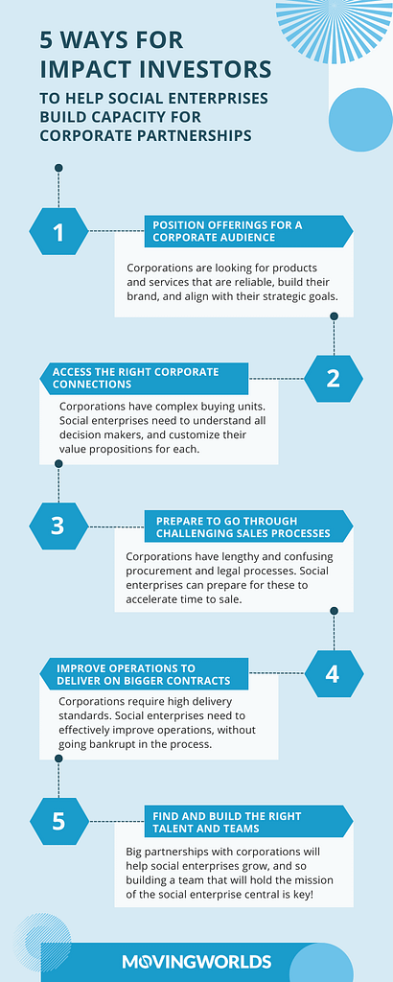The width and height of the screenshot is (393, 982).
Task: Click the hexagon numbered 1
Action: tap(58, 231)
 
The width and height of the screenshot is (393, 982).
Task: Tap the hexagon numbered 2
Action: tap(334, 378)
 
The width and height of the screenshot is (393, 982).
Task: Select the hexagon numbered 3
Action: tap(58, 526)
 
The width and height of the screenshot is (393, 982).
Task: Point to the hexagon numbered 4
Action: tap(334, 673)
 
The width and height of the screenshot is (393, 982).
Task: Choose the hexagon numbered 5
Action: tap(58, 821)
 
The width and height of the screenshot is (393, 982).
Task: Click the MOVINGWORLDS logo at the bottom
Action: tap(196, 961)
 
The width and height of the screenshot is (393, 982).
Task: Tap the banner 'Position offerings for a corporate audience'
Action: tap(248, 231)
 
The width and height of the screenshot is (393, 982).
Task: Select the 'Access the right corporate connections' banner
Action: tap(144, 378)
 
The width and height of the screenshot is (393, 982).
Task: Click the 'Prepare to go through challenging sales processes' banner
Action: tap(248, 526)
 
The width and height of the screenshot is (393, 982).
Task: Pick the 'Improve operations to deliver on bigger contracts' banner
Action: tap(144, 673)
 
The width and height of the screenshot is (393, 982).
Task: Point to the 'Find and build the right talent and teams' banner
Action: tap(248, 821)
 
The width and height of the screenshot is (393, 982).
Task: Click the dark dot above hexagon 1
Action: tap(58, 168)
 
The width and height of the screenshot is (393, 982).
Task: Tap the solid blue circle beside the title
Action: tap(359, 119)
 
